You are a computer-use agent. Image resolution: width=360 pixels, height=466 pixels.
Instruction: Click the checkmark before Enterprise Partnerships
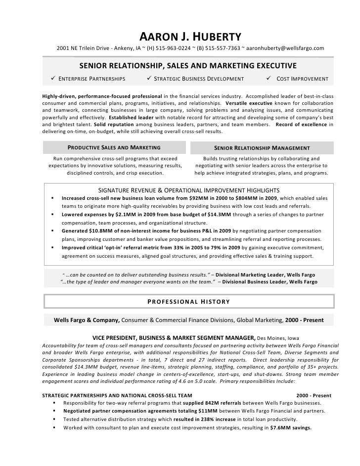(x=53, y=79)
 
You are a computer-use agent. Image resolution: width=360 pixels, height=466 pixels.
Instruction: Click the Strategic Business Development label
(x=199, y=79)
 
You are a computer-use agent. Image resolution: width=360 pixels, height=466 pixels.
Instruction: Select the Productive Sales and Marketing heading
(x=114, y=148)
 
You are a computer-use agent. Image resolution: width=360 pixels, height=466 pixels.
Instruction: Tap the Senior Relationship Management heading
(x=262, y=148)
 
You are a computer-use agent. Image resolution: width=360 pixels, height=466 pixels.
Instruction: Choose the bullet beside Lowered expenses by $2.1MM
(x=52, y=215)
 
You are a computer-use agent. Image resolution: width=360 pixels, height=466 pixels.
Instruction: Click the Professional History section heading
(x=188, y=302)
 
